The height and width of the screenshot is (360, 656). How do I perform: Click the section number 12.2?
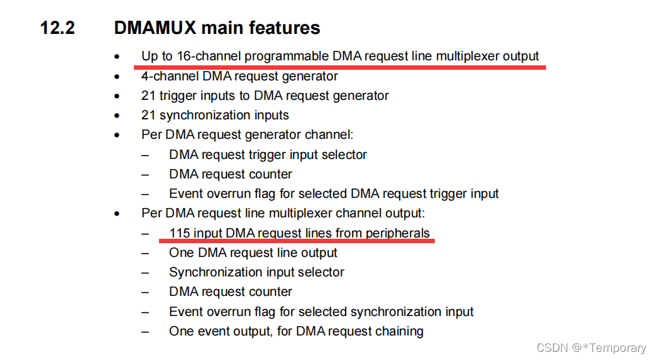coord(57,28)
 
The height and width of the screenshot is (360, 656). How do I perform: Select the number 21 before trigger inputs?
coord(148,95)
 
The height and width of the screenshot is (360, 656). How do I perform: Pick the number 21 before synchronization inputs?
coord(148,115)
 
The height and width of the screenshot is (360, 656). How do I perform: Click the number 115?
coord(180,233)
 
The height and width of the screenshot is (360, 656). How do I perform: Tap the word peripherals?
coord(398,233)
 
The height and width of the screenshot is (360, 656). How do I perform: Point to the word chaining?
coord(399,331)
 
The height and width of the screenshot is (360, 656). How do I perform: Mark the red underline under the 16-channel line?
coord(339,65)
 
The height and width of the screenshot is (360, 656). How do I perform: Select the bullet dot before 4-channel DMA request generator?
coord(116,77)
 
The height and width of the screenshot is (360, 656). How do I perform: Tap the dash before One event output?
coord(145,331)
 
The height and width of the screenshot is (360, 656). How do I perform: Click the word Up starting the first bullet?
coord(149,56)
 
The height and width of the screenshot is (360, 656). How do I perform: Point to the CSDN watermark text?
coord(591,347)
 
